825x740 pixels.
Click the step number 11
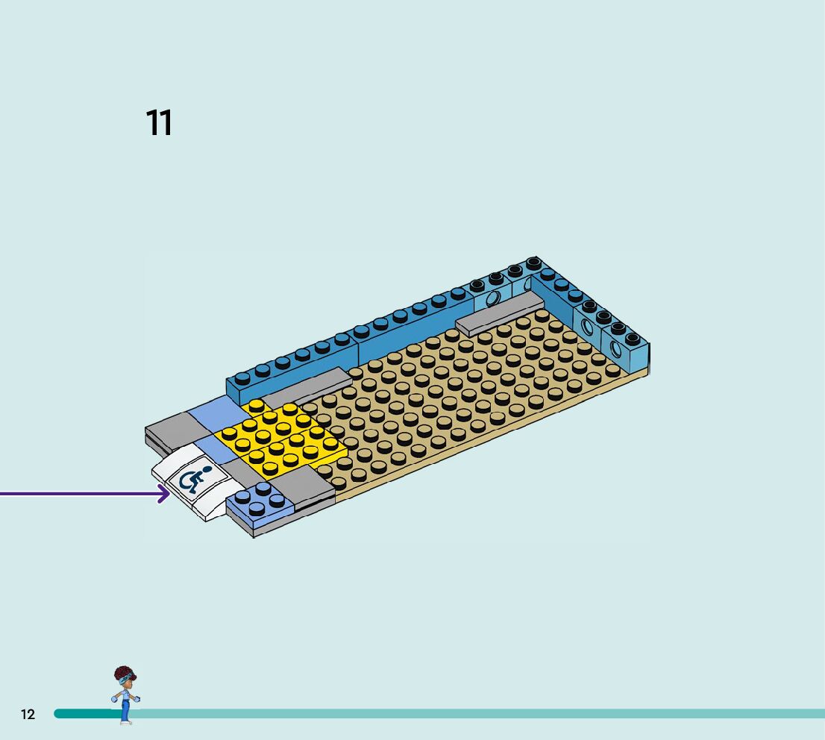click(x=159, y=123)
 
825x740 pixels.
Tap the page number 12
click(x=28, y=715)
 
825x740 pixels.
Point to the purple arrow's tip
click(x=169, y=494)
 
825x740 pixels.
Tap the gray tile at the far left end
click(x=170, y=430)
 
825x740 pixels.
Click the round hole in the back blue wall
click(x=492, y=300)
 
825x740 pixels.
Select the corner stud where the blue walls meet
click(x=533, y=264)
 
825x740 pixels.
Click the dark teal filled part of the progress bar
click(x=86, y=714)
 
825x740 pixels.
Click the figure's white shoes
click(x=125, y=722)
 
